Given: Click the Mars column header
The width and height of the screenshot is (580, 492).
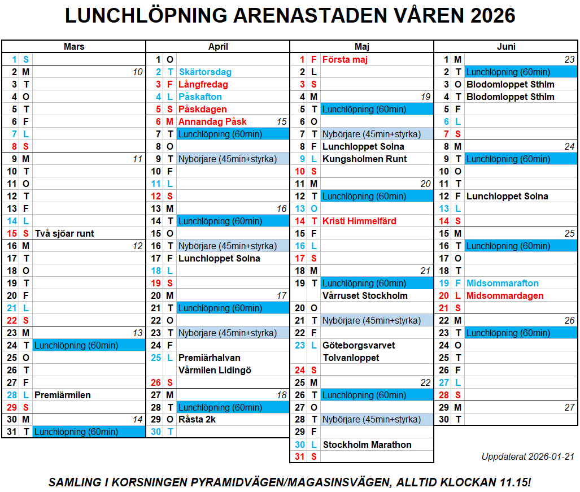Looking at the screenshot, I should (x=74, y=47).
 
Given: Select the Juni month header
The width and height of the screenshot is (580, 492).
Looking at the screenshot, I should (x=506, y=47).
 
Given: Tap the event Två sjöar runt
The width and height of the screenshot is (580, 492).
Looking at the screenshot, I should (x=64, y=233).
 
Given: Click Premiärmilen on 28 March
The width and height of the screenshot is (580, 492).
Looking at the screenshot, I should (x=63, y=395).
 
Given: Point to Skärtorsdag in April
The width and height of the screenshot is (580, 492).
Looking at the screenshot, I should (x=205, y=72).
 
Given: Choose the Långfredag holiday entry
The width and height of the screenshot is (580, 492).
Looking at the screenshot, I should (x=203, y=84).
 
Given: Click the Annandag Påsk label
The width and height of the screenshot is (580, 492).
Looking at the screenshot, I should (x=212, y=121).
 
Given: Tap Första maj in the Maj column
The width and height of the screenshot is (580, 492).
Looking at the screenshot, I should (x=345, y=59).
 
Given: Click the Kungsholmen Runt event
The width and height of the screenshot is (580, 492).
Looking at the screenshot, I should (x=364, y=159).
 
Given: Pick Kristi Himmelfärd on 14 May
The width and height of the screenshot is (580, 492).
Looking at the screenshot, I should (x=359, y=221).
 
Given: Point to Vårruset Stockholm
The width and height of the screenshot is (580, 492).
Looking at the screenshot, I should (x=365, y=295).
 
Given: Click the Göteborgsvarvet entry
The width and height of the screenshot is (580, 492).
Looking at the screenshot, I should (x=359, y=345).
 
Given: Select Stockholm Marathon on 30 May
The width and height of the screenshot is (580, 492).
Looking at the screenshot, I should (x=367, y=445).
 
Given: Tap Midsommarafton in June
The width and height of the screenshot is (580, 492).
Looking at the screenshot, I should (x=503, y=283).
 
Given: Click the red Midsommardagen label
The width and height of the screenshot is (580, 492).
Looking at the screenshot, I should (x=505, y=295).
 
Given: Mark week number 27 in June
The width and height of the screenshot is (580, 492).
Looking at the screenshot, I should (x=569, y=407).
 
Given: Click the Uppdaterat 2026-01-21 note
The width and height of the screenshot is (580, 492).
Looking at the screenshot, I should (x=527, y=456).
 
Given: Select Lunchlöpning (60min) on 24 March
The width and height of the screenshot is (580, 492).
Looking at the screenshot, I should (x=76, y=345).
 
